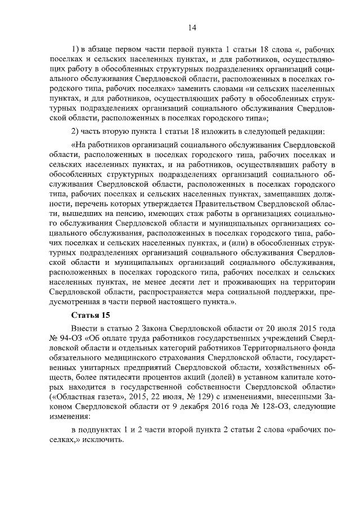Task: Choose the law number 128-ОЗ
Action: click(286, 408)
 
